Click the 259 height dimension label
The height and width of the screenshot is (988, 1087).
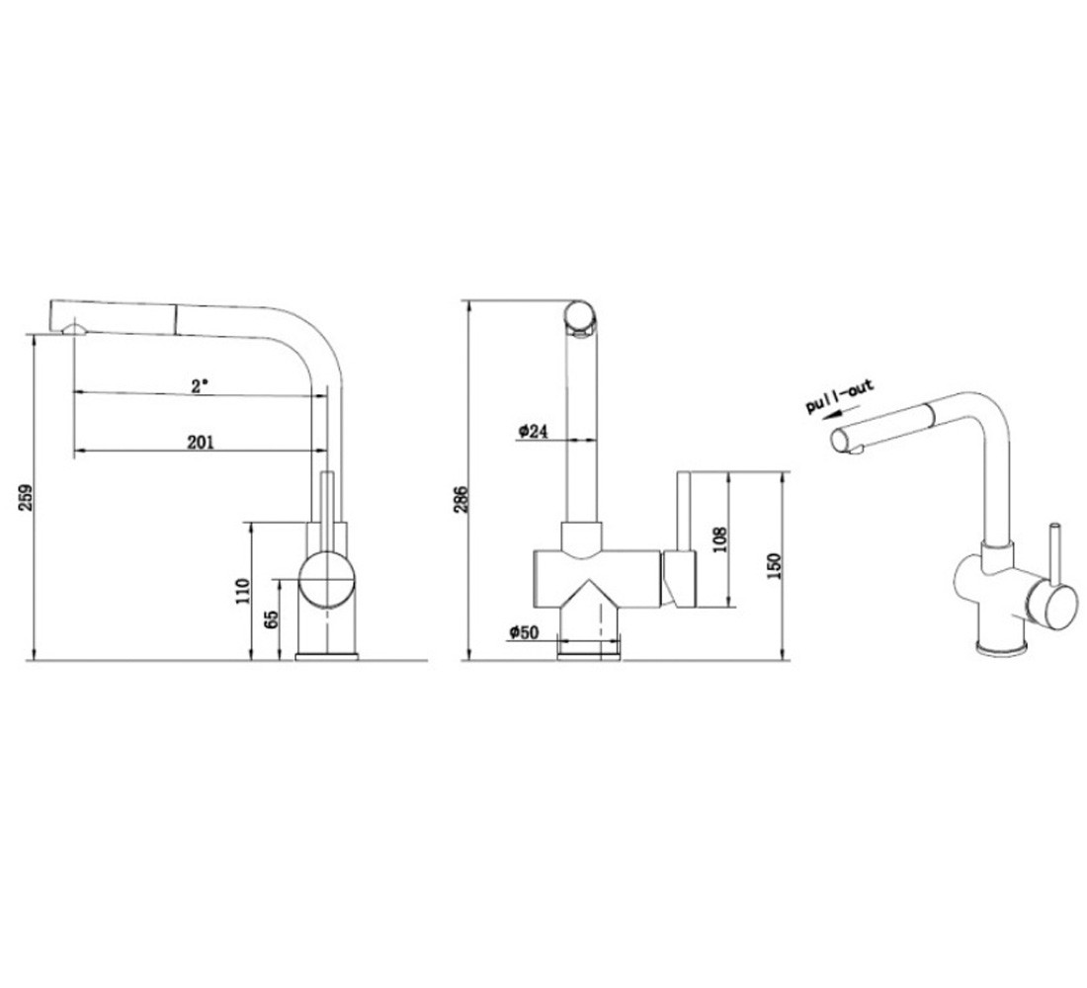pos(27,498)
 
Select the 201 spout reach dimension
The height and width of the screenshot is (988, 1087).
pos(201,442)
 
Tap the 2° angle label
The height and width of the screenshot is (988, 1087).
pos(200,385)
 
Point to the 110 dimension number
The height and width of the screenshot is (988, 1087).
pos(242,591)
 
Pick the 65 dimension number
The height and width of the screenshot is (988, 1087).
pos(272,618)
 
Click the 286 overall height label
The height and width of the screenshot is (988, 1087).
pos(461,499)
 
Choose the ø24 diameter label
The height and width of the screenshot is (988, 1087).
pos(533,431)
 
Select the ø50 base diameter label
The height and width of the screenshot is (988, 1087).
pos(524,631)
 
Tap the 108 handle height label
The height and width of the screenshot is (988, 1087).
pos(719,540)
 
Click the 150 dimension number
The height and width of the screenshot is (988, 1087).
pos(775,566)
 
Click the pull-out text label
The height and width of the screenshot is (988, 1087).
pos(840,396)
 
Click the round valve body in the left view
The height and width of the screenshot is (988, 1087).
pos(326,579)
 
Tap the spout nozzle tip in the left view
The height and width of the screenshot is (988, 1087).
pos(73,329)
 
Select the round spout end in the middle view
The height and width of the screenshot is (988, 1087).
pos(579,316)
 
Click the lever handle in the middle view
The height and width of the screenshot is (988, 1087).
pos(682,539)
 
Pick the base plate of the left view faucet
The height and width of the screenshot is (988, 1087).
pos(326,656)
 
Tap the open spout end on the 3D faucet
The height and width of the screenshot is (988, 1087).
pos(840,440)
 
